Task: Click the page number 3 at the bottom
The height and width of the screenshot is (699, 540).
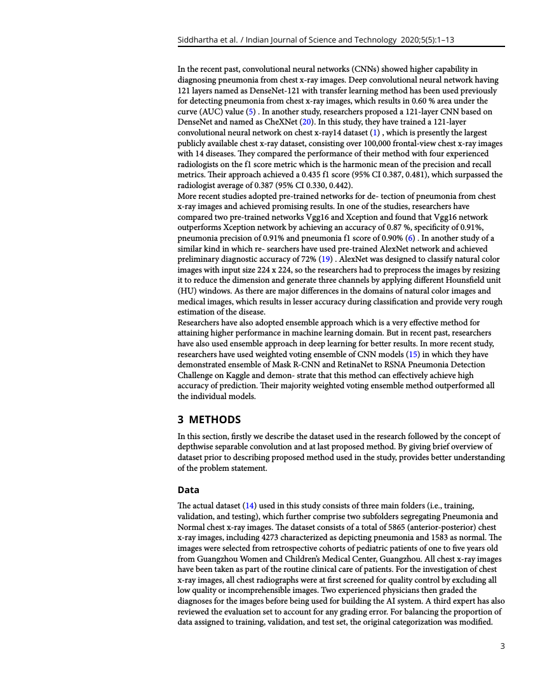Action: click(503, 646)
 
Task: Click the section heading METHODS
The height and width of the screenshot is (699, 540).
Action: click(215, 419)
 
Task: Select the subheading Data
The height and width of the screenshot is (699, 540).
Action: click(188, 490)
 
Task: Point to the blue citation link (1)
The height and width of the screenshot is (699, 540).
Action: click(374, 132)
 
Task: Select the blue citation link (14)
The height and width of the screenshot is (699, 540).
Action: click(250, 505)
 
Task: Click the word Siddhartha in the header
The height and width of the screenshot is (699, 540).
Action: click(199, 40)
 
